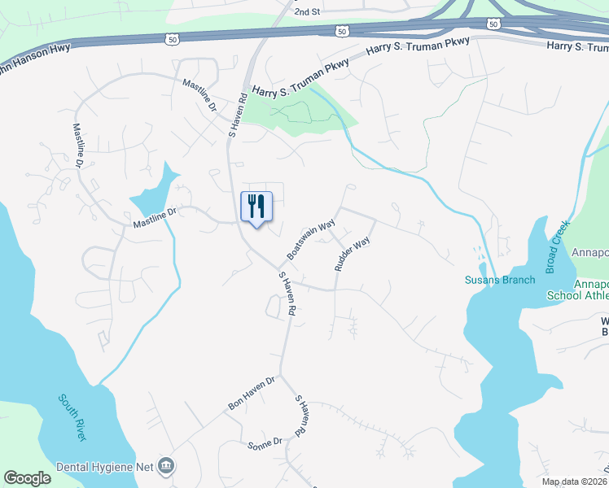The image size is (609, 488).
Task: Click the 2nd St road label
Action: [307, 12]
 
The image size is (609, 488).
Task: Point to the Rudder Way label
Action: [353, 254]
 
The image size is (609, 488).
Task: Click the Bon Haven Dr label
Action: [252, 392]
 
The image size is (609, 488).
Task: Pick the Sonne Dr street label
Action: [265, 442]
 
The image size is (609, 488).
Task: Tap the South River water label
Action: [72, 416]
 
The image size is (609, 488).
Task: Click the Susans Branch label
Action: [500, 281]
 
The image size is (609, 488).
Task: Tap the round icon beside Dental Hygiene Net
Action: [168, 466]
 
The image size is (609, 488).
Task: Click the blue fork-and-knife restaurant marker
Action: [256, 207]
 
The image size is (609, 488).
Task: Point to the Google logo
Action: [27, 478]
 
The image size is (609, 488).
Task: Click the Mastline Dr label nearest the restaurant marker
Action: [155, 216]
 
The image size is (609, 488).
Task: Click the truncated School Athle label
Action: [591, 296]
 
